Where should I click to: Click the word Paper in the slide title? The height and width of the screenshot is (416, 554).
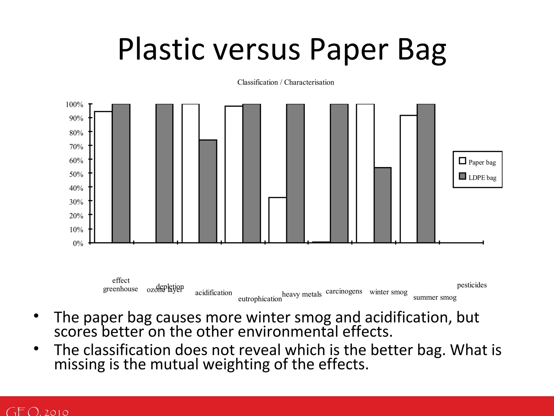point(349,49)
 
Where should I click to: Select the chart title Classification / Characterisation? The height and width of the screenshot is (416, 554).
point(286,82)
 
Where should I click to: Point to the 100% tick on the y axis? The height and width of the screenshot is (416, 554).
point(74,105)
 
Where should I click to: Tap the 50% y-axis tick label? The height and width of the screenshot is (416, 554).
point(76,174)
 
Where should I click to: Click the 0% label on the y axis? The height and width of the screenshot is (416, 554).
point(78,243)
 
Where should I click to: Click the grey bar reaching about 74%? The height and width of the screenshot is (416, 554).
point(208,191)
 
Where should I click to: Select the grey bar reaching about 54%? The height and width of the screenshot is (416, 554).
point(383,205)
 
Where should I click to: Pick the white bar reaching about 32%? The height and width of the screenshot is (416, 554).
point(278,220)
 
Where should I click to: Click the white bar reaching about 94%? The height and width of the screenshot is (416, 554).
point(103,177)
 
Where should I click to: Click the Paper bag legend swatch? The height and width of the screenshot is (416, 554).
point(462,161)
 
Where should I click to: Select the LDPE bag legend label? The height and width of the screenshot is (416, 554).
point(482,178)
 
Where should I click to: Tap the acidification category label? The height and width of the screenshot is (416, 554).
point(213,293)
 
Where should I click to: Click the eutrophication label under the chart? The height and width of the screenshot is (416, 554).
point(260,299)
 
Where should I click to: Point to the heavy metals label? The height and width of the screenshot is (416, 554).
point(302,294)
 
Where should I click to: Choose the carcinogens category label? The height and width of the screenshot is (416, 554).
point(344,291)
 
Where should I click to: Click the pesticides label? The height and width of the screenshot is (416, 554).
point(472,285)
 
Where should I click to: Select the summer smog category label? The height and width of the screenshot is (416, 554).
point(435,298)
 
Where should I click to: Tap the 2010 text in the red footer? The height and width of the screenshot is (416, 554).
point(56,412)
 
